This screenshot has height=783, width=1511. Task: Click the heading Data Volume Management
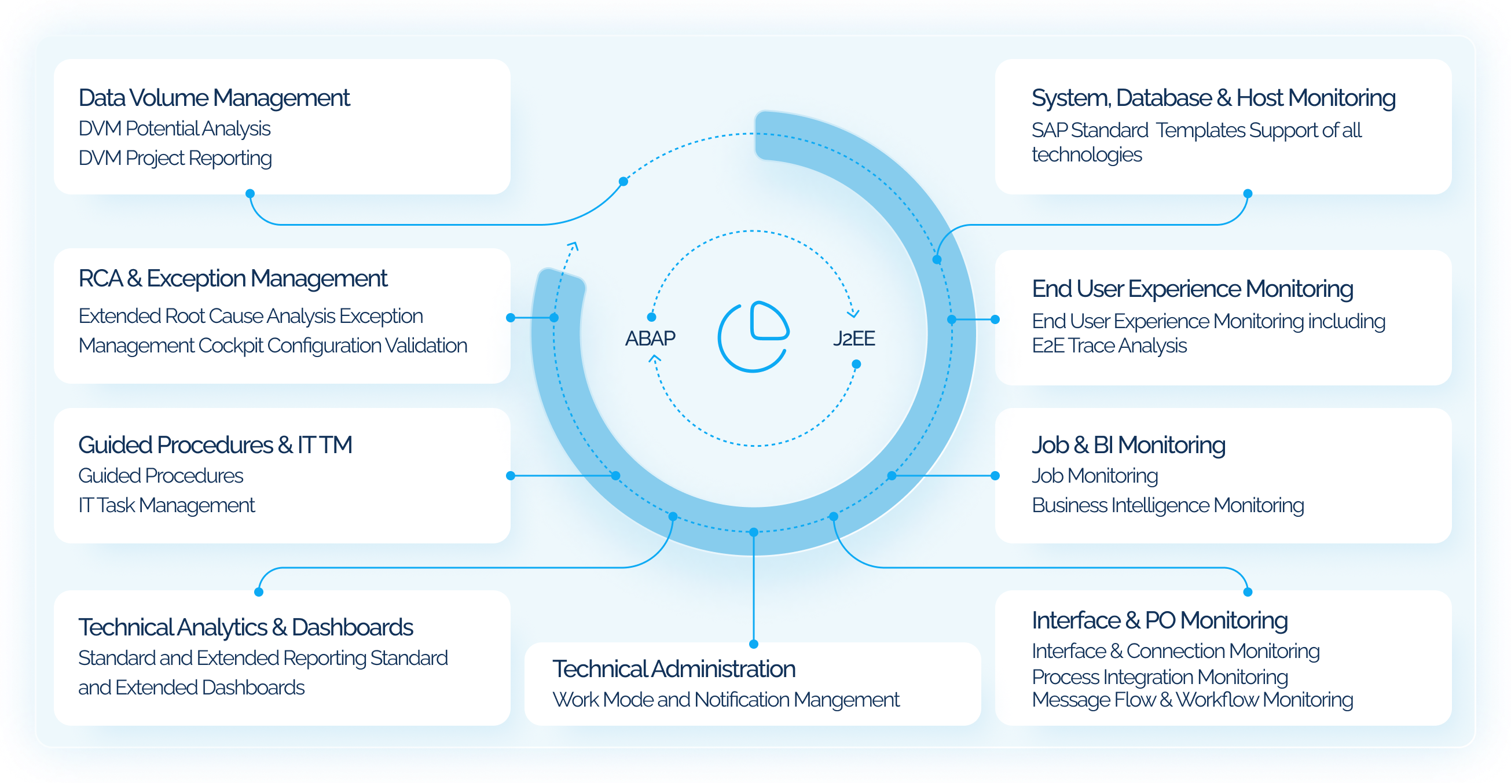214,98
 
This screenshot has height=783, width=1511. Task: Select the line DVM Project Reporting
175,159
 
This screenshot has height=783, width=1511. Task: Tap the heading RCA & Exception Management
233,278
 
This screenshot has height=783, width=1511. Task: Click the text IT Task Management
167,506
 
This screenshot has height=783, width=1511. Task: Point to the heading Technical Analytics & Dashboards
245,627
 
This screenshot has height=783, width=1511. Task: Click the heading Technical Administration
673,669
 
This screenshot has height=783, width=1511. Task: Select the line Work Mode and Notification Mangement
725,700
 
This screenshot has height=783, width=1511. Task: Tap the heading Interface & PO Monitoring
1159,620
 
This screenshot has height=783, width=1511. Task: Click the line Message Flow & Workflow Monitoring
1192,700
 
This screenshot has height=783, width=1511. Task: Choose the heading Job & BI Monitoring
1128,445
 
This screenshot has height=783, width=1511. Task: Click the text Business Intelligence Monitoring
1167,506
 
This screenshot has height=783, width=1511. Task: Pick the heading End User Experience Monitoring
1192,289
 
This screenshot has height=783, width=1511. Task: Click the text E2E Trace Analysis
1109,346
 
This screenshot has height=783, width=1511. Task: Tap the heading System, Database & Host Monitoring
1213,98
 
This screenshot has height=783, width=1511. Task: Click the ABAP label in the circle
650,339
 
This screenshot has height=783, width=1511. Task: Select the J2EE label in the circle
853,339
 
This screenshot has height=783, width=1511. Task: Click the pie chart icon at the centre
754,337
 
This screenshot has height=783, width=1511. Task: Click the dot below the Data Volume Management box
250,193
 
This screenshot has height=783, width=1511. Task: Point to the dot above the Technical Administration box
754,644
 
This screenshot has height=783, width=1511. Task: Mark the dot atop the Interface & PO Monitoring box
1248,593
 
